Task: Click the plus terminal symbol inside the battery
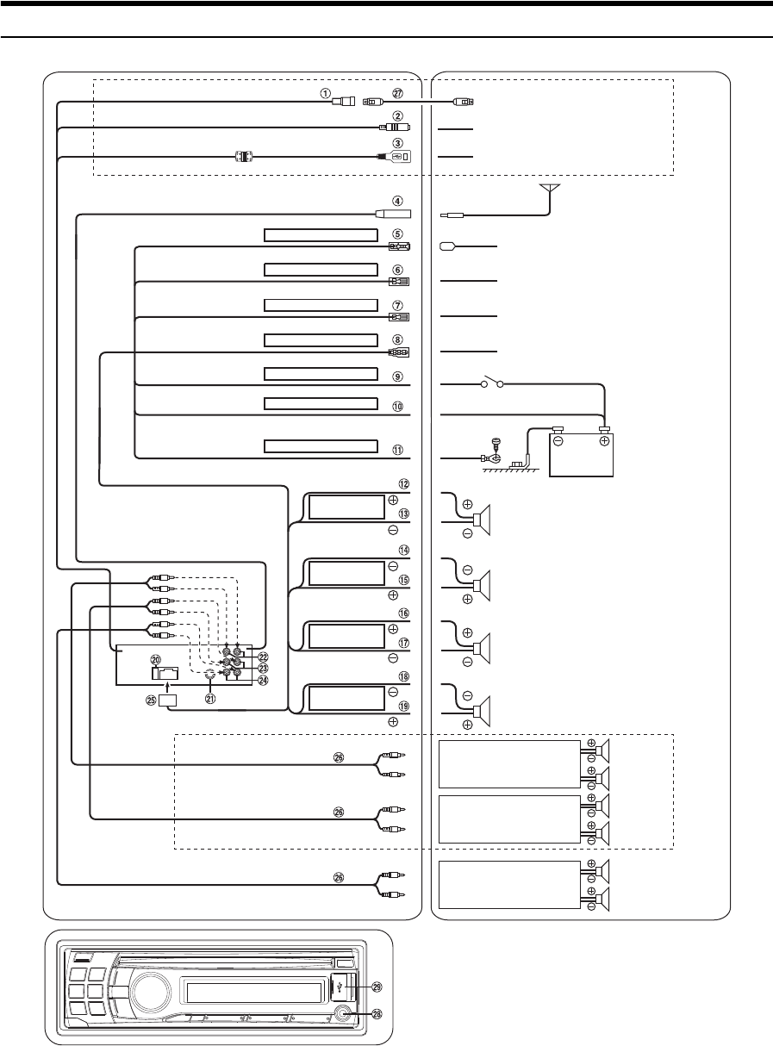point(604,440)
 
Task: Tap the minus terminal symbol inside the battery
point(558,440)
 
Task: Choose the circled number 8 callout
point(398,340)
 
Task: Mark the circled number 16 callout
point(398,613)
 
